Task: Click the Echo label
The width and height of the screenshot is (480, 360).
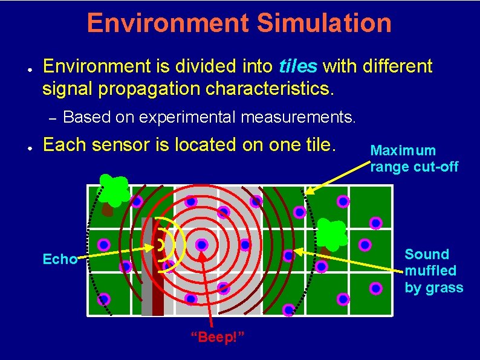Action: coord(59,260)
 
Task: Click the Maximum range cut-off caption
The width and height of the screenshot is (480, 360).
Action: coord(414,158)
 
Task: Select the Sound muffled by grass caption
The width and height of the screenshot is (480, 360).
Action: coord(433,271)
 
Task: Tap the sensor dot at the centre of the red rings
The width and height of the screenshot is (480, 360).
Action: coord(202,245)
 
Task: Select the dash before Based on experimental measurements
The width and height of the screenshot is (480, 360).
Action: coord(51,117)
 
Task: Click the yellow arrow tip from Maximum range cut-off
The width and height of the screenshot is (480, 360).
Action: coord(306,193)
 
